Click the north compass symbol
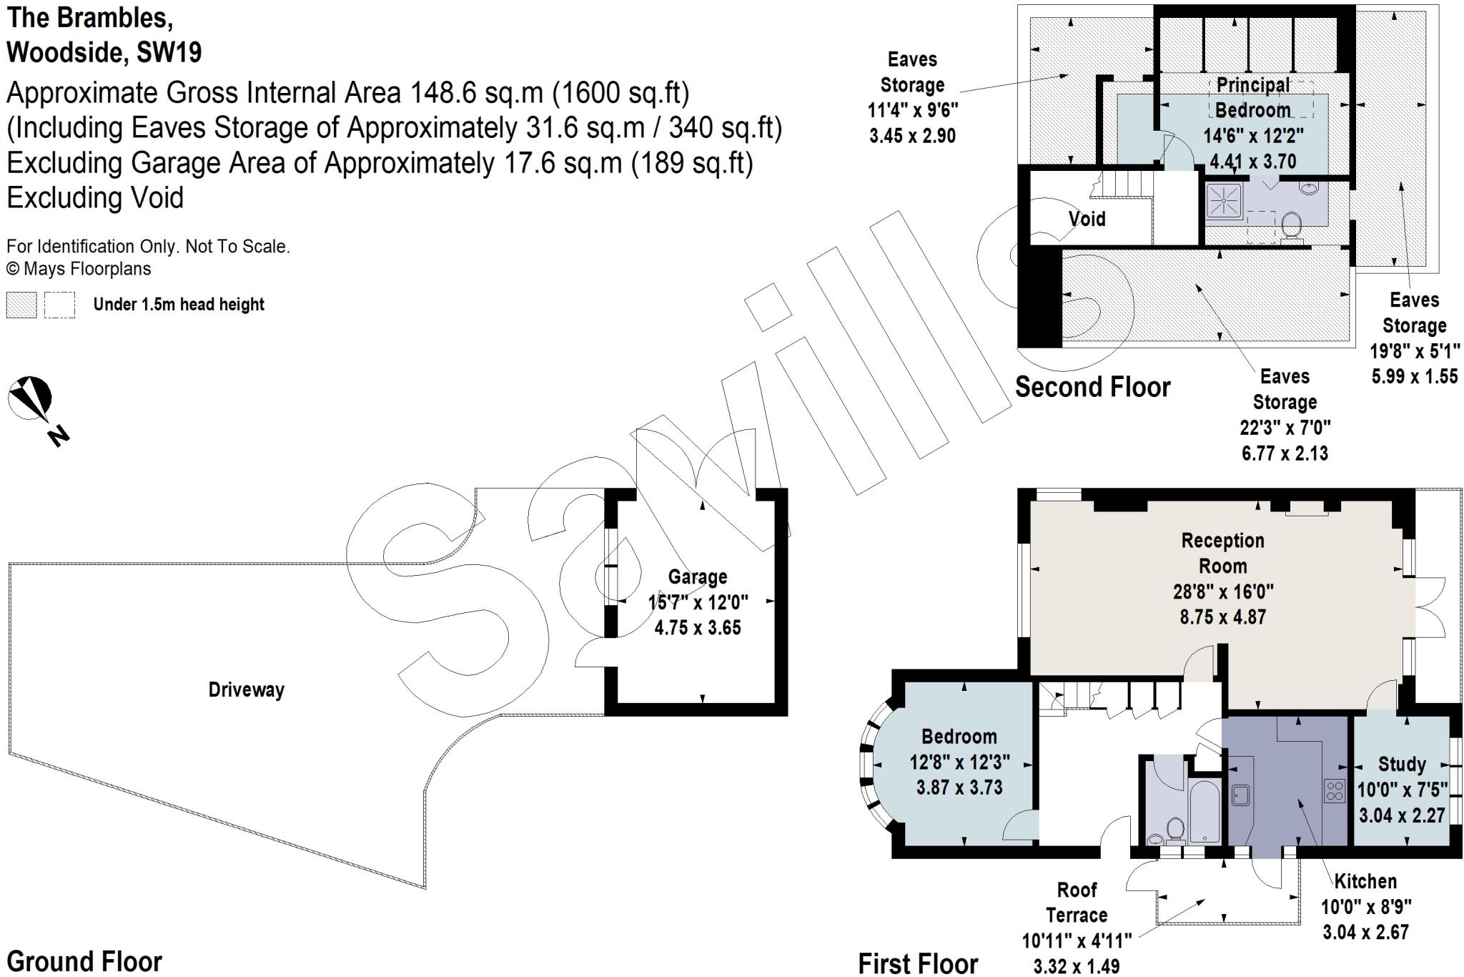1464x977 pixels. [x=30, y=398]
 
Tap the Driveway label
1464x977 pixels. [x=246, y=689]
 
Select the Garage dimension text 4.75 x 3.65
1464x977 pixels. [x=697, y=627]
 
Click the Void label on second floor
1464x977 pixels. [x=1087, y=219]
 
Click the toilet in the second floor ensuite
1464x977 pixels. [x=1291, y=225]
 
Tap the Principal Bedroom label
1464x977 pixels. [x=1252, y=97]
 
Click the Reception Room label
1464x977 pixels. [x=1222, y=553]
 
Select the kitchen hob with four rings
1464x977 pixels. [x=1334, y=790]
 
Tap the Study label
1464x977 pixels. [x=1401, y=764]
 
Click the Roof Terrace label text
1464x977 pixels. [x=1077, y=903]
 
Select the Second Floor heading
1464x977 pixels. [x=1092, y=387]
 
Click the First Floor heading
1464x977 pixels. [x=918, y=963]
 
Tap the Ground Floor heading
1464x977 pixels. [x=84, y=961]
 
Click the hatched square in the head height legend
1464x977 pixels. [x=21, y=305]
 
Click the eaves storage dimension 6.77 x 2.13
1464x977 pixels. [x=1285, y=453]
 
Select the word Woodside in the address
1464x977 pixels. [x=64, y=52]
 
